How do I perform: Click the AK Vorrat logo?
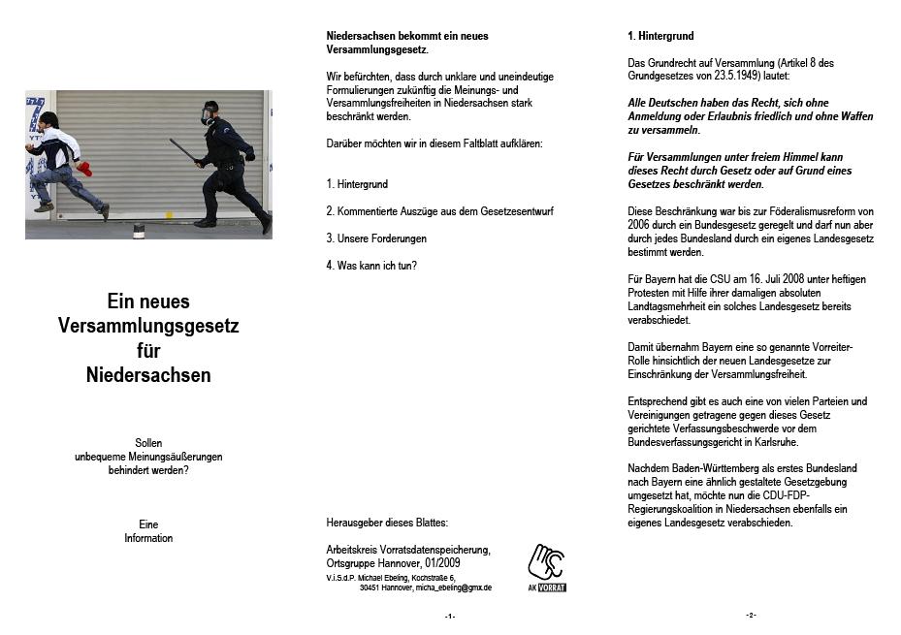(x=547, y=567)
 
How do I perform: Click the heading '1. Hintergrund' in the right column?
(x=660, y=36)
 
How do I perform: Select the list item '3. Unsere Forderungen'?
(x=376, y=238)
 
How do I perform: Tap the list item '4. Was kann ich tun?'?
(x=371, y=265)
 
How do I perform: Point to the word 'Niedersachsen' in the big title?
(x=148, y=374)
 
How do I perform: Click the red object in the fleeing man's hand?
(x=83, y=170)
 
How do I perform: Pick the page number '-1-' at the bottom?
(x=450, y=617)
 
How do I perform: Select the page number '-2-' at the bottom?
(x=751, y=616)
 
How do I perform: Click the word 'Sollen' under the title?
(x=148, y=442)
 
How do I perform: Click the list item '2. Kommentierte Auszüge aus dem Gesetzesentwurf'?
(x=439, y=210)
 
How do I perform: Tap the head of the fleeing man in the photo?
(x=48, y=119)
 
